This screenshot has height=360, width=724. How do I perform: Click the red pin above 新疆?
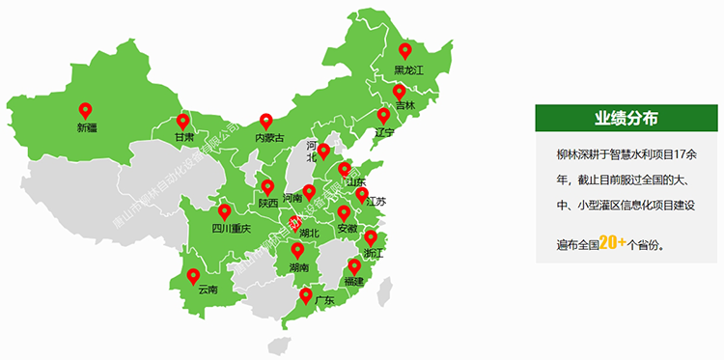point(86,110)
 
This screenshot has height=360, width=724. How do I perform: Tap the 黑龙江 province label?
point(408,69)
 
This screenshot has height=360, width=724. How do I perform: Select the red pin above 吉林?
point(404,89)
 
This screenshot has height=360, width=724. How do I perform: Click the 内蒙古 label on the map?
point(269,138)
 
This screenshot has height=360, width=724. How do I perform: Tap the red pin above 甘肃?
point(183,122)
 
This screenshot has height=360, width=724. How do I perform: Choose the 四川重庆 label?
point(231,229)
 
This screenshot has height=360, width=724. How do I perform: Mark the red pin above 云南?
point(194,275)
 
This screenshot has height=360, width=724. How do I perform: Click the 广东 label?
point(322,300)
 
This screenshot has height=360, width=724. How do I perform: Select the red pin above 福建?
point(354,265)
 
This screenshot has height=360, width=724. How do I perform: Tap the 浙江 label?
point(373,253)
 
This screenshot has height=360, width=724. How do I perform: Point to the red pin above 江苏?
point(362,195)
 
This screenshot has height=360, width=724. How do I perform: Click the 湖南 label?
point(298,267)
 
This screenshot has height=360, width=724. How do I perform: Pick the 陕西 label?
point(267,203)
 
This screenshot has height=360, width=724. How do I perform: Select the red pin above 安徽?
point(344,212)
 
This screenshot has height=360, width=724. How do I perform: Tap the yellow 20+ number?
point(612,243)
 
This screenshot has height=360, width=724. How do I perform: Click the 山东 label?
point(355,182)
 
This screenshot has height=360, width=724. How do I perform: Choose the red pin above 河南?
point(308,191)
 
